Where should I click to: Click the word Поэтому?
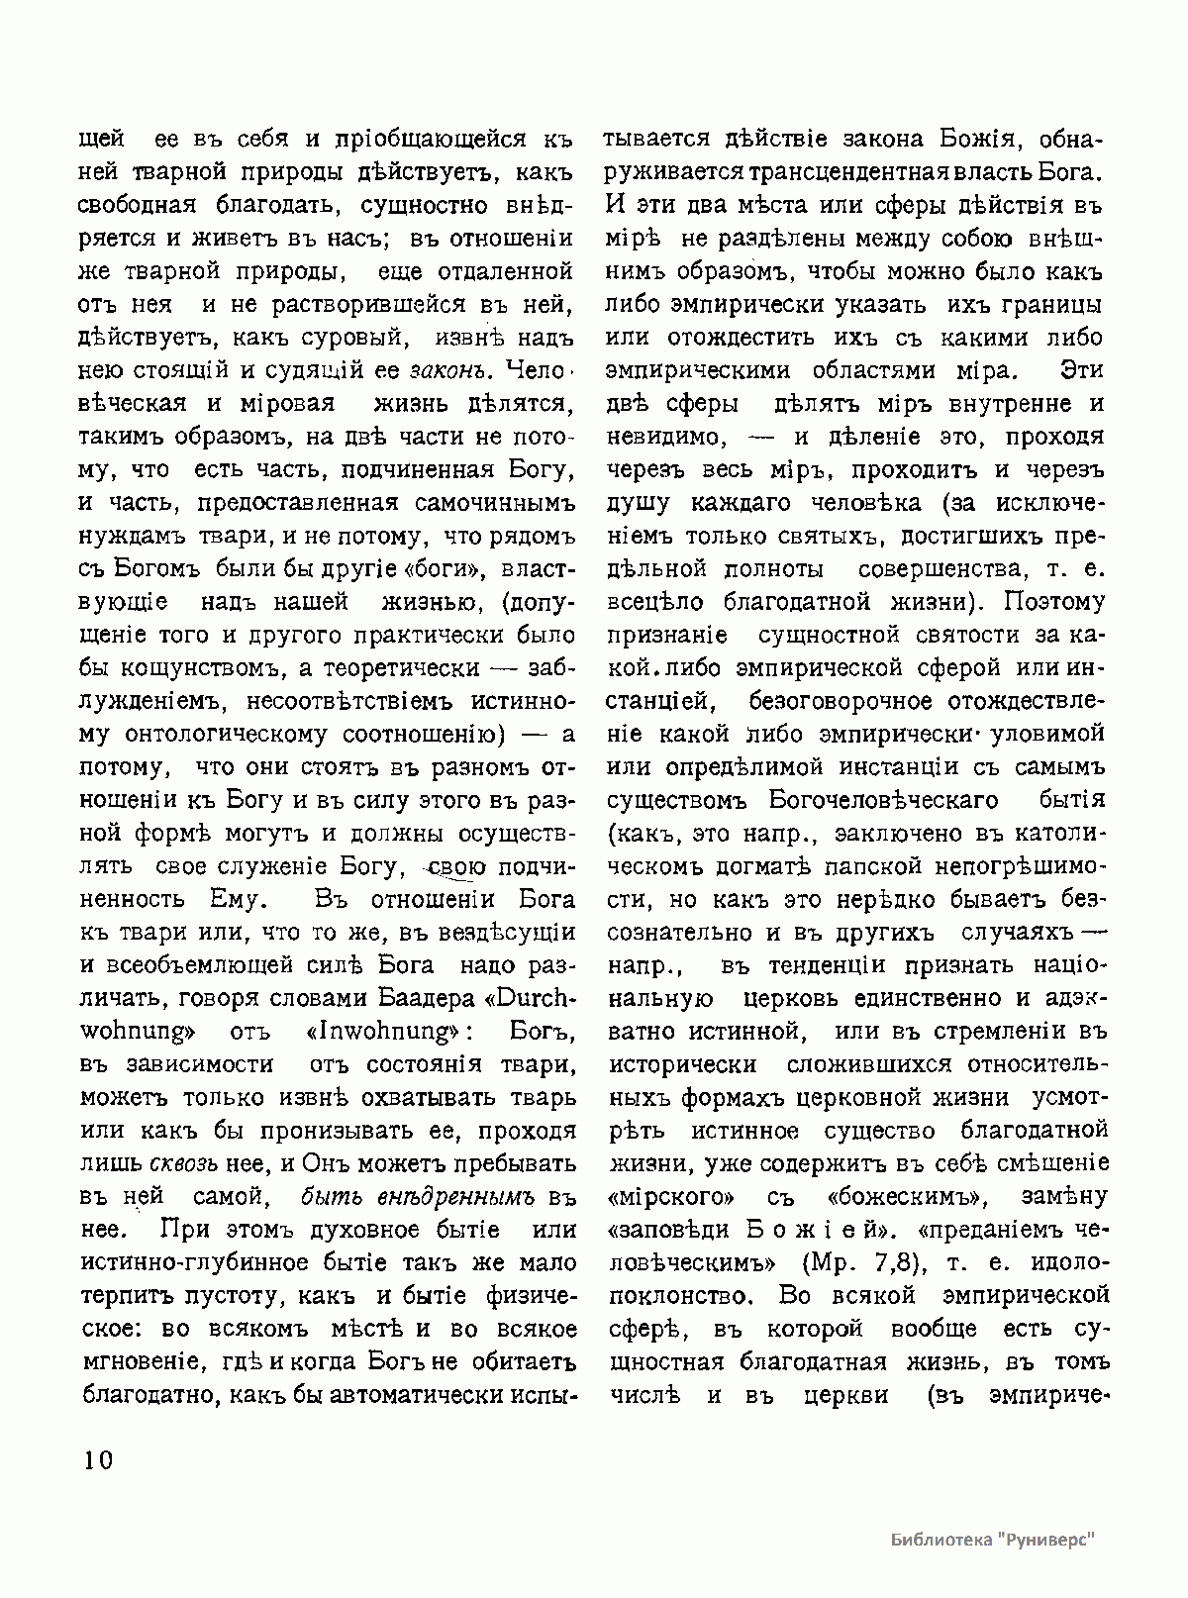pos(1053,602)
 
